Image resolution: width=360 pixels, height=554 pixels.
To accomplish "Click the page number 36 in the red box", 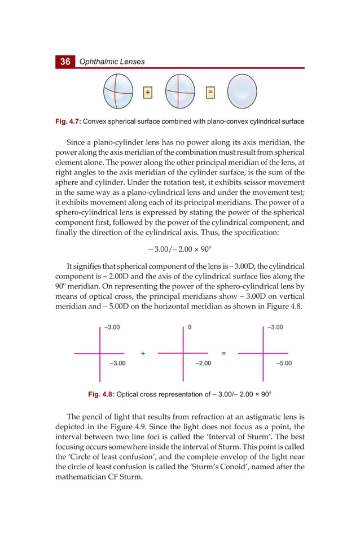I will point(65,62).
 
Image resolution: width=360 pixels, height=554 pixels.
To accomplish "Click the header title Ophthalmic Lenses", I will point(112,62).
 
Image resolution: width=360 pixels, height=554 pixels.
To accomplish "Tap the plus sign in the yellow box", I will point(148,91).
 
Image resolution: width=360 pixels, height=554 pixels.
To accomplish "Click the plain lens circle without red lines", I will point(242,91).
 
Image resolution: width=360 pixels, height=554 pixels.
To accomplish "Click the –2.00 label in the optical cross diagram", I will point(203,363).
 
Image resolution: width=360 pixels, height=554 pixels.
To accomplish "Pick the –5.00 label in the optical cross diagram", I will point(284,363).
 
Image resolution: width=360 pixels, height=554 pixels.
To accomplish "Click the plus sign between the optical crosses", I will point(143,354).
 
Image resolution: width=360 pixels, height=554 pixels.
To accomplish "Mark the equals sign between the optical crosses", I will point(223,354).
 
